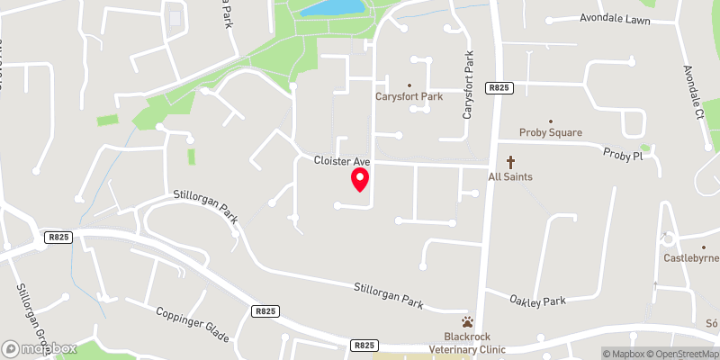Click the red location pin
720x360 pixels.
[x=360, y=179]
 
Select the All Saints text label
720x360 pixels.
[x=510, y=177]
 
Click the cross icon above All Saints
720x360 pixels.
[x=510, y=162]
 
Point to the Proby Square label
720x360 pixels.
[x=552, y=134]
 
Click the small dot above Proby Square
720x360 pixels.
[x=551, y=121]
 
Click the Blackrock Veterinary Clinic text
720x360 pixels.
[x=467, y=344]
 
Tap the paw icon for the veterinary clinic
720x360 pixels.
[x=467, y=322]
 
